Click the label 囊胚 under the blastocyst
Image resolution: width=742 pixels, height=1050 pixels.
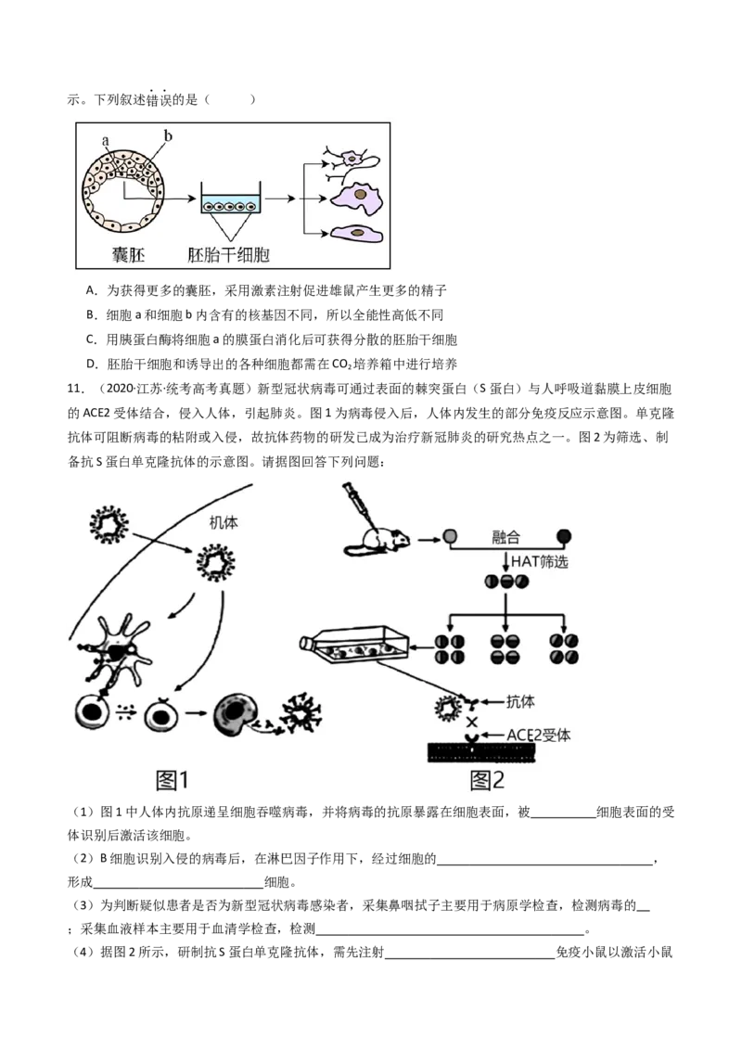(128, 254)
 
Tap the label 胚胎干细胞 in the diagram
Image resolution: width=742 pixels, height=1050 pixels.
(228, 254)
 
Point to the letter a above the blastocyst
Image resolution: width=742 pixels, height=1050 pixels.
(105, 141)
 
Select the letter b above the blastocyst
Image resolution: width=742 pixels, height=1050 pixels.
(168, 135)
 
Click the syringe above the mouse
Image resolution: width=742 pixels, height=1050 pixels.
(356, 502)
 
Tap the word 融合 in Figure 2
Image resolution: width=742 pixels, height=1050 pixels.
(505, 537)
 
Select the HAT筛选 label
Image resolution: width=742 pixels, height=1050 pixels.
(539, 561)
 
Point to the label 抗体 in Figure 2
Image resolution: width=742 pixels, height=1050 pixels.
(519, 702)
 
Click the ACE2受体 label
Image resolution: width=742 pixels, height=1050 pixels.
(539, 736)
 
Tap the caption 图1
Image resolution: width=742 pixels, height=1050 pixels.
(173, 780)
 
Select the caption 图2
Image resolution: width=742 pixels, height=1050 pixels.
(487, 780)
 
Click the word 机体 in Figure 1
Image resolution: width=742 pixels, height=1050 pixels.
(223, 522)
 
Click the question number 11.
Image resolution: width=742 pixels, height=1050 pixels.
(75, 389)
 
